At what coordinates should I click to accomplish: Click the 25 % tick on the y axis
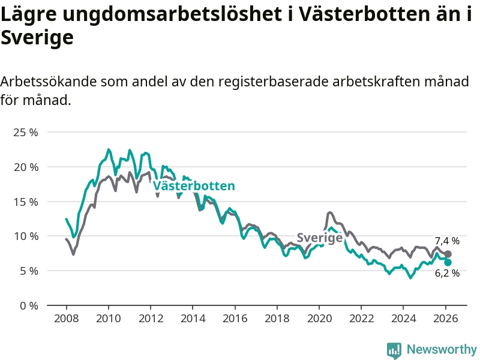[x=26, y=132]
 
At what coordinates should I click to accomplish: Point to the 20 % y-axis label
[x=26, y=167]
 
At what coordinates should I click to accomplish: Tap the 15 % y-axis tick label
[x=26, y=202]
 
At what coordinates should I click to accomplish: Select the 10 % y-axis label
[x=26, y=236]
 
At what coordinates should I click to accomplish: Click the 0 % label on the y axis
[x=29, y=305]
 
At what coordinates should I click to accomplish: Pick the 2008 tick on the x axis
[x=66, y=319]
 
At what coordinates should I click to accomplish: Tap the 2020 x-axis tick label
[x=319, y=319]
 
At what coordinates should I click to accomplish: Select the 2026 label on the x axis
[x=446, y=319]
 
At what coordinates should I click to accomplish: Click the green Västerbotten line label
[x=194, y=186]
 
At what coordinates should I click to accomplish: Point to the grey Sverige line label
[x=320, y=238]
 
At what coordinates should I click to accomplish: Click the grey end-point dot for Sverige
[x=448, y=254]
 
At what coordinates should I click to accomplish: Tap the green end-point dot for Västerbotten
[x=448, y=262]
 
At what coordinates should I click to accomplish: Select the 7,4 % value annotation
[x=447, y=241]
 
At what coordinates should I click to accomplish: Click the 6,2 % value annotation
[x=447, y=274]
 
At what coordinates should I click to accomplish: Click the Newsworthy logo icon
[x=394, y=350]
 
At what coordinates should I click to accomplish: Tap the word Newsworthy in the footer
[x=442, y=350]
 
